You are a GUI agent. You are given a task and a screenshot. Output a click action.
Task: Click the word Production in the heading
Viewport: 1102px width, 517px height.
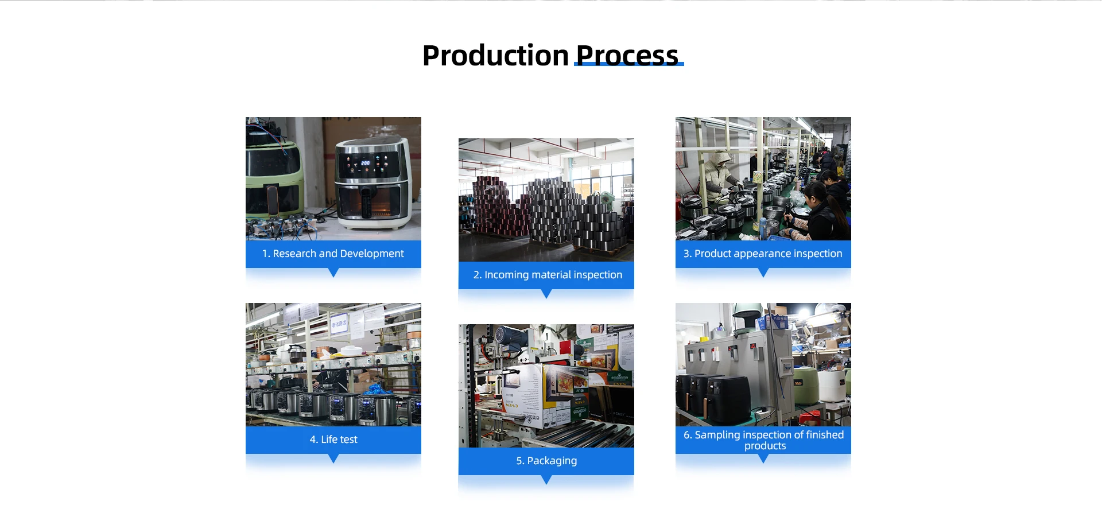(495, 56)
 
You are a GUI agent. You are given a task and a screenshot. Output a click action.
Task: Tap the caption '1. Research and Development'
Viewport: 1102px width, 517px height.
(333, 254)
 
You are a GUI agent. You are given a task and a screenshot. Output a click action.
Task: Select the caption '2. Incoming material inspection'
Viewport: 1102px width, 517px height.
(547, 275)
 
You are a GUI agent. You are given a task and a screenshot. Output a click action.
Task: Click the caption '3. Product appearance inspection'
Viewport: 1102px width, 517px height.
(763, 254)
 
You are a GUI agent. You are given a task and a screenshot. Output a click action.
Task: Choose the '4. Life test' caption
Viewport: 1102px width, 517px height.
(333, 440)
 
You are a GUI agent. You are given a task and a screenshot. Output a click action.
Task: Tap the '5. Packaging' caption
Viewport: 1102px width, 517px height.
(546, 461)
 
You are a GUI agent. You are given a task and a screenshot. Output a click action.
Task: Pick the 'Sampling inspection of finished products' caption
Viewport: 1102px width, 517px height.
(763, 440)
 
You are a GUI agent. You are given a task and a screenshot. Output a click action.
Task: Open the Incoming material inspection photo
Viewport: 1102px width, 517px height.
(546, 200)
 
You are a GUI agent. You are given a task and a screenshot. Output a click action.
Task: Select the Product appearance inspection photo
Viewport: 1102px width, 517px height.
(763, 178)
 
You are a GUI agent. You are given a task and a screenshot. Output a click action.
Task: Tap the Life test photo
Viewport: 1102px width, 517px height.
(333, 364)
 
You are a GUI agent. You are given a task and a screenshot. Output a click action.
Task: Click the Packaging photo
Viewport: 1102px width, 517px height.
(546, 386)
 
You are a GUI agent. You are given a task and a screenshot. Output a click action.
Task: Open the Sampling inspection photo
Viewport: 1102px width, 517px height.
(763, 364)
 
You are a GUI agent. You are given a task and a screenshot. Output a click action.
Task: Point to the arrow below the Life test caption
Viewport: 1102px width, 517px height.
(333, 458)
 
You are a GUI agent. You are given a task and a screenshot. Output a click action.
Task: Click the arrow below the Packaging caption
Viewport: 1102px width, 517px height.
(546, 479)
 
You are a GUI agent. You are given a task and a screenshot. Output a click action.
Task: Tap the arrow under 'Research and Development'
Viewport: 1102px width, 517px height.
(333, 272)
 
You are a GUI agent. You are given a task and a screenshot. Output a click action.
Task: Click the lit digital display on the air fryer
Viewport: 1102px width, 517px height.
(366, 164)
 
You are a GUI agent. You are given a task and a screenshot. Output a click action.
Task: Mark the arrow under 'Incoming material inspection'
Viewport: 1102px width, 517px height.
(546, 293)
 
